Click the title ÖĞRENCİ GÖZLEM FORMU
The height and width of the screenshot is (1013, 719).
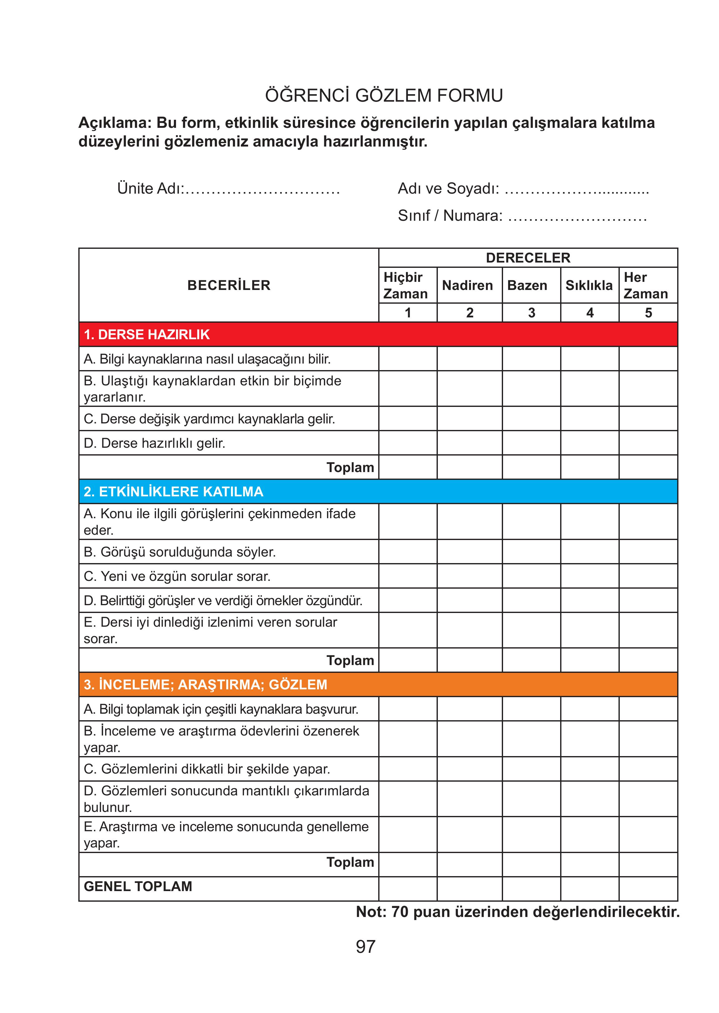coord(384,95)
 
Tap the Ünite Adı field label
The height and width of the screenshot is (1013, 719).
coord(150,188)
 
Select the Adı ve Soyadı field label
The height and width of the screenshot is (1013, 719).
coord(448,188)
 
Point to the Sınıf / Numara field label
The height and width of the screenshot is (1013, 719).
coord(450,215)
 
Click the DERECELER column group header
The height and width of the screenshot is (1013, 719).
coord(528,258)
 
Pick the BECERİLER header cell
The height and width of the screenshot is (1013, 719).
coord(228,285)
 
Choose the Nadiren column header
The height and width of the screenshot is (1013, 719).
coord(467,285)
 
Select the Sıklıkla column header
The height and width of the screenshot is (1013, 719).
coord(589,285)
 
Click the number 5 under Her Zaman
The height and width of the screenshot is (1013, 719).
coord(648,313)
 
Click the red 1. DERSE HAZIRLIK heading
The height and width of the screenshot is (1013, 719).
coord(147,335)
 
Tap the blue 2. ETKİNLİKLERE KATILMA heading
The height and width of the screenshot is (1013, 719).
coord(174,491)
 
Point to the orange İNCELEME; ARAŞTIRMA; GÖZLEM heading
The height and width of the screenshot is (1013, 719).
coord(205,684)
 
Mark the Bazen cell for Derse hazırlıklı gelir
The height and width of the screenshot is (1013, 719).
coord(531,443)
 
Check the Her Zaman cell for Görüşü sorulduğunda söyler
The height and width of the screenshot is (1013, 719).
coord(648,552)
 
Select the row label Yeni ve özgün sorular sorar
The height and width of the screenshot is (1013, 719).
coord(177,576)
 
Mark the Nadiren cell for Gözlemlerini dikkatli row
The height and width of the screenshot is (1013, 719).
coord(469,769)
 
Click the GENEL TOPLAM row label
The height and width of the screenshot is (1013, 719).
coord(138,886)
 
